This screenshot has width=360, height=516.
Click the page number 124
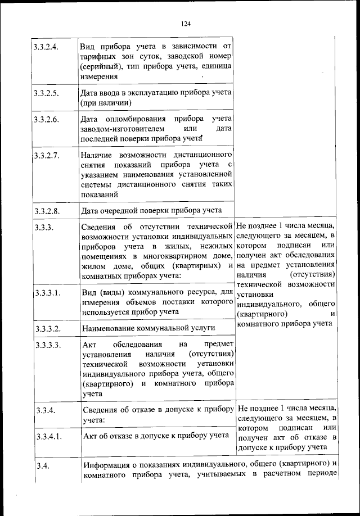(187, 23)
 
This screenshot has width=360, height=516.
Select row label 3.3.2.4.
(46, 46)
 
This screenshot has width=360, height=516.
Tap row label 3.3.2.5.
(46, 93)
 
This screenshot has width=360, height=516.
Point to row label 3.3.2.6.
(46, 119)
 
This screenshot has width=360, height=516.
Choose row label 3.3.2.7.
(46, 155)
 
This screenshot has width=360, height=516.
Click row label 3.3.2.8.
(46, 211)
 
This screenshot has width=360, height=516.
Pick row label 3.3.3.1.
(47, 293)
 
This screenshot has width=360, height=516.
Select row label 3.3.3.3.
(47, 345)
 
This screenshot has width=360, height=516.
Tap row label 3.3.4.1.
(47, 436)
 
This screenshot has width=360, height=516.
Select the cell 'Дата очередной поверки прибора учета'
(151, 211)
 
